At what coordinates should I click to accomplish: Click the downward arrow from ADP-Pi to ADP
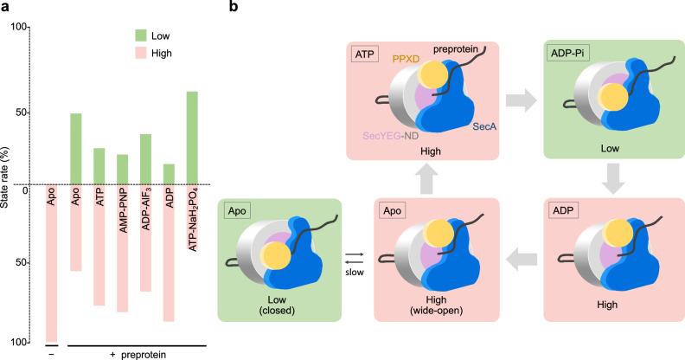click(609, 178)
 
